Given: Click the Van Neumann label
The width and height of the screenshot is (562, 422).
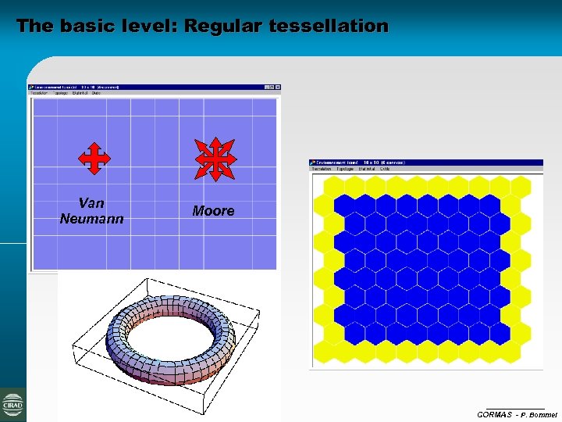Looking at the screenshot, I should (91, 211).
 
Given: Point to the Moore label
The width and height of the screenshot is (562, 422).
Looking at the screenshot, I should (213, 211).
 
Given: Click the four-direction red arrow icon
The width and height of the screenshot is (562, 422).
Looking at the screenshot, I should (94, 158).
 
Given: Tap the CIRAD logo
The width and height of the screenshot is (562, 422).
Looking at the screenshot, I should (13, 405).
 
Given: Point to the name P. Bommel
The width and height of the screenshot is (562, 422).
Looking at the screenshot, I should (539, 414).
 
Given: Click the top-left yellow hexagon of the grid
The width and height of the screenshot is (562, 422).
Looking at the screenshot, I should (333, 185).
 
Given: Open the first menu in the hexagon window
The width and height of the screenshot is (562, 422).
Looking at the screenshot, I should (322, 169).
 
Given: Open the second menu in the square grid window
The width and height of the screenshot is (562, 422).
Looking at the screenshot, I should (60, 93).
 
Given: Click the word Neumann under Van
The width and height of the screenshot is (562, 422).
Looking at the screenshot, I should (91, 219).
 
